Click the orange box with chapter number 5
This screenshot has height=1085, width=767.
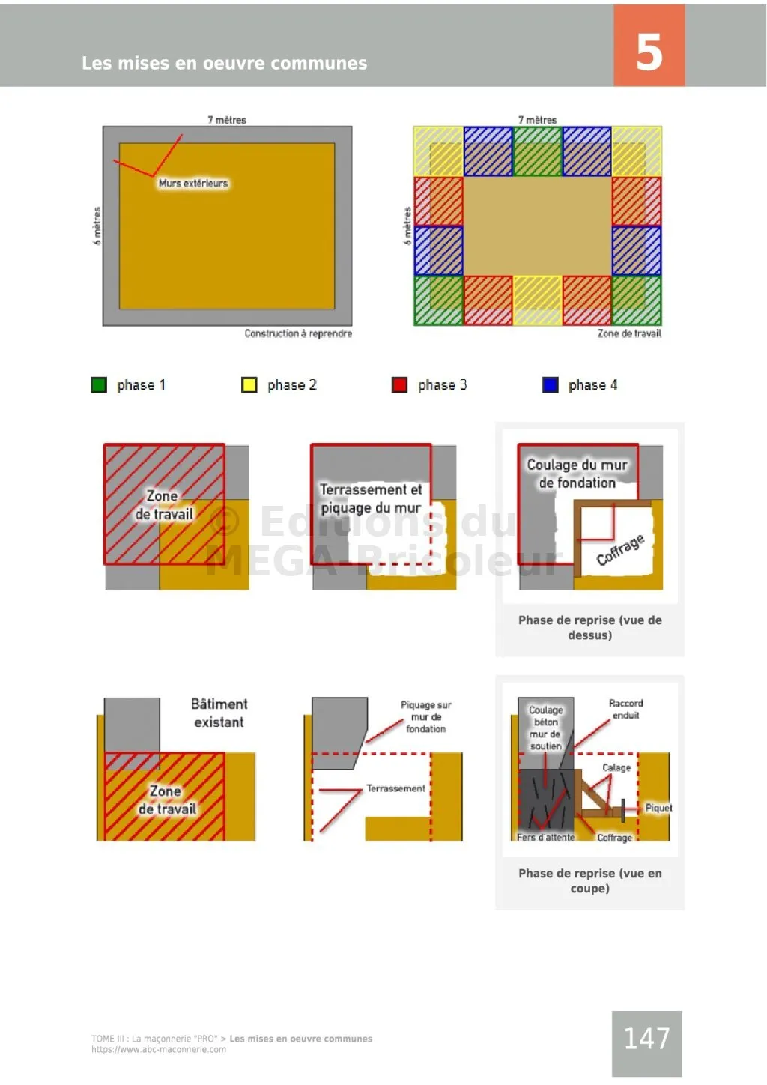pos(649,46)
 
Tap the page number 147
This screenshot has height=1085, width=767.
pos(646,1038)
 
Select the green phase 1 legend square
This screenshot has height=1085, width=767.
pos(99,384)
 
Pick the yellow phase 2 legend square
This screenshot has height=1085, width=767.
pos(249,384)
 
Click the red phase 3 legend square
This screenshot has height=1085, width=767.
pos(399,384)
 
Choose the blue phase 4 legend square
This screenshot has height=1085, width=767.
pos(550,384)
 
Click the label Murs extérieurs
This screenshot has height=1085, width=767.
pos(193,183)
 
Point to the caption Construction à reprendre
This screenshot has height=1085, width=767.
pos(298,333)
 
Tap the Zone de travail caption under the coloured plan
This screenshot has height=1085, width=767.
pos(629,333)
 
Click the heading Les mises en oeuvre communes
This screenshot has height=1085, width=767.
pos(224,63)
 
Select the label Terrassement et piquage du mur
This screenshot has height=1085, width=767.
pos(371,498)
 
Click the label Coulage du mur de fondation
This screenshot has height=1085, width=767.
pos(577,474)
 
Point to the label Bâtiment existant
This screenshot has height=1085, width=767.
pos(219,713)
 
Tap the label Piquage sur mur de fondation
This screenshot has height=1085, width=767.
pos(425,716)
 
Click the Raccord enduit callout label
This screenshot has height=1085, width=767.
pos(625,709)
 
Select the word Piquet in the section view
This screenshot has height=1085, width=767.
pos(658,808)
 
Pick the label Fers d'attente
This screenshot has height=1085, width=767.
pos(546,837)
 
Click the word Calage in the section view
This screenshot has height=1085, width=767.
pos(616,767)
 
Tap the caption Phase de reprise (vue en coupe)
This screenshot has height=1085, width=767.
pos(589,880)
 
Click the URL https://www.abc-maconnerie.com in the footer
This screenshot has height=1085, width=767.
pos(159,1049)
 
